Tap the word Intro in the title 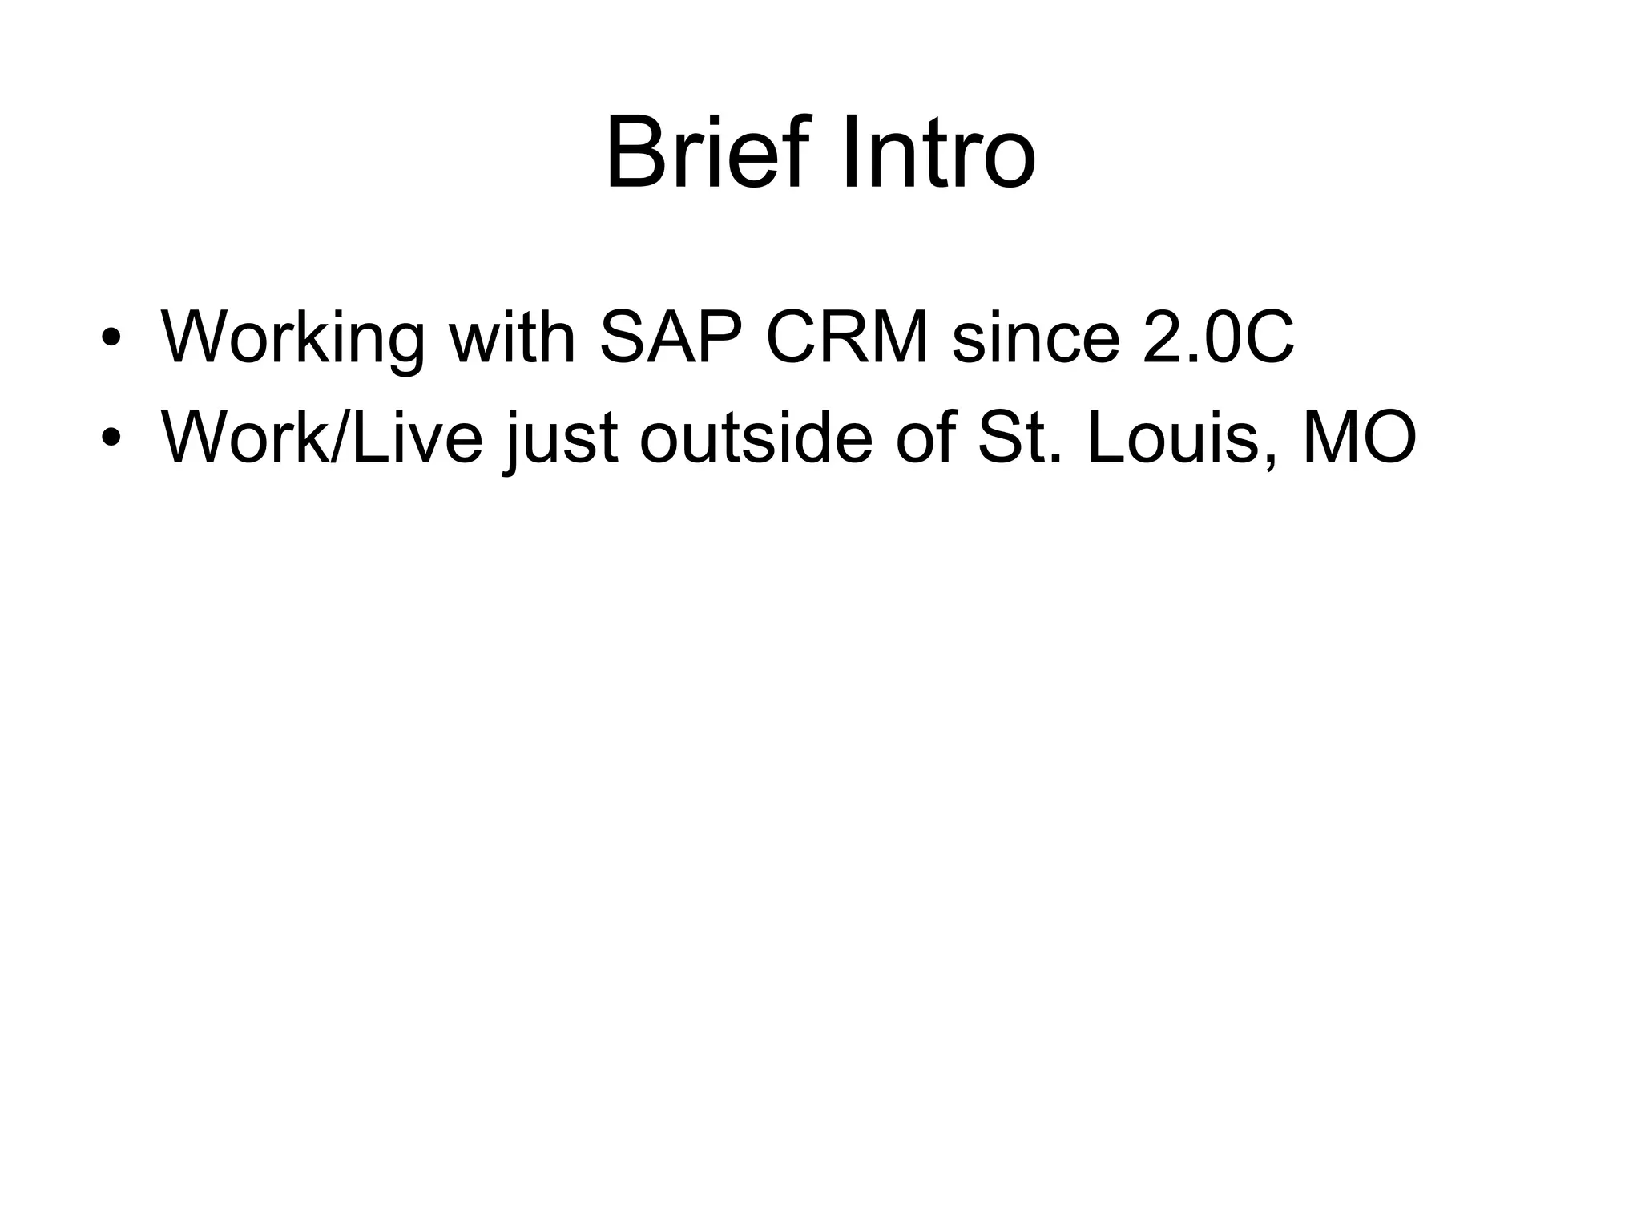point(938,152)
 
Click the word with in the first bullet point(512,337)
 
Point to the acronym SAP point(670,337)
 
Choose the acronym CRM point(848,337)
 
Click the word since point(1035,337)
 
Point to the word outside point(756,437)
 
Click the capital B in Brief point(635,152)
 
